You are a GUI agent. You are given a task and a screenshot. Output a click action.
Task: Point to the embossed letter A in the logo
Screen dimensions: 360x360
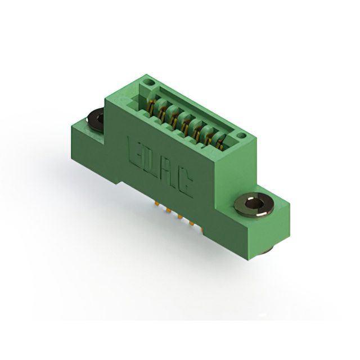tap(169, 171)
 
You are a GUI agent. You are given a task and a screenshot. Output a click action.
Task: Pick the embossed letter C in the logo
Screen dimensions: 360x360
tap(185, 181)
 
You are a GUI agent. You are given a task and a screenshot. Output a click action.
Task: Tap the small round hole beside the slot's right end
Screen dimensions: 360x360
tap(241, 136)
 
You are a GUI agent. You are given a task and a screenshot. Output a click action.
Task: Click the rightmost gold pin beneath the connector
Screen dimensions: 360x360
tap(193, 226)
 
